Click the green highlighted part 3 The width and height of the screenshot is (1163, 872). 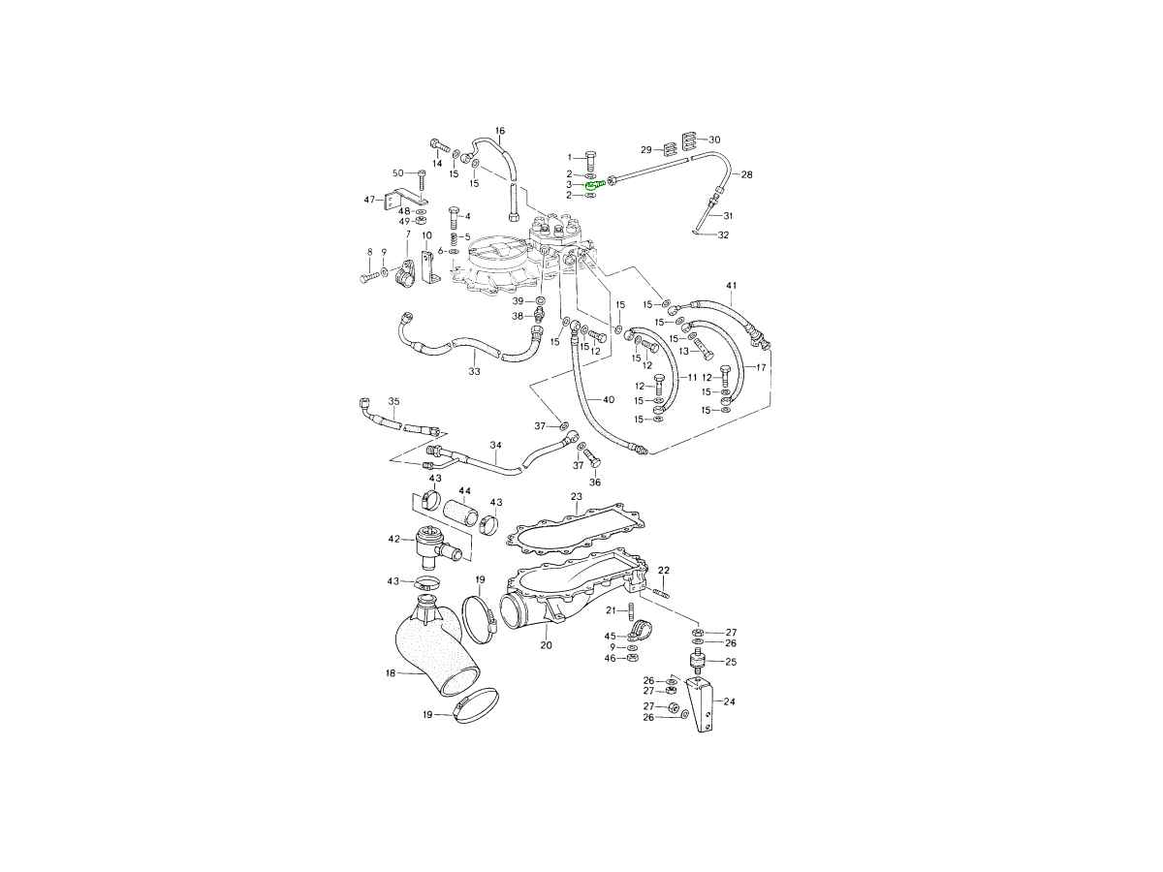click(x=594, y=185)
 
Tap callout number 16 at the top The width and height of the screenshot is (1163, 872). click(x=500, y=131)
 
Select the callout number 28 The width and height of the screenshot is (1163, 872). click(x=746, y=174)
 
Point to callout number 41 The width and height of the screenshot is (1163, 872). click(x=732, y=286)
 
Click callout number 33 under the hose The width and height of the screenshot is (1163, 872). click(x=474, y=371)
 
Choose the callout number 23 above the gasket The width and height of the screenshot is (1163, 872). click(x=577, y=496)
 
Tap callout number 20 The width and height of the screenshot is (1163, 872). click(x=547, y=645)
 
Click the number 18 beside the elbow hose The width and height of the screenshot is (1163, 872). click(x=391, y=673)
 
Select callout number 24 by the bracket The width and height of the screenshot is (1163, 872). click(x=730, y=701)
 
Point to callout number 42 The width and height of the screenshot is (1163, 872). click(x=393, y=539)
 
